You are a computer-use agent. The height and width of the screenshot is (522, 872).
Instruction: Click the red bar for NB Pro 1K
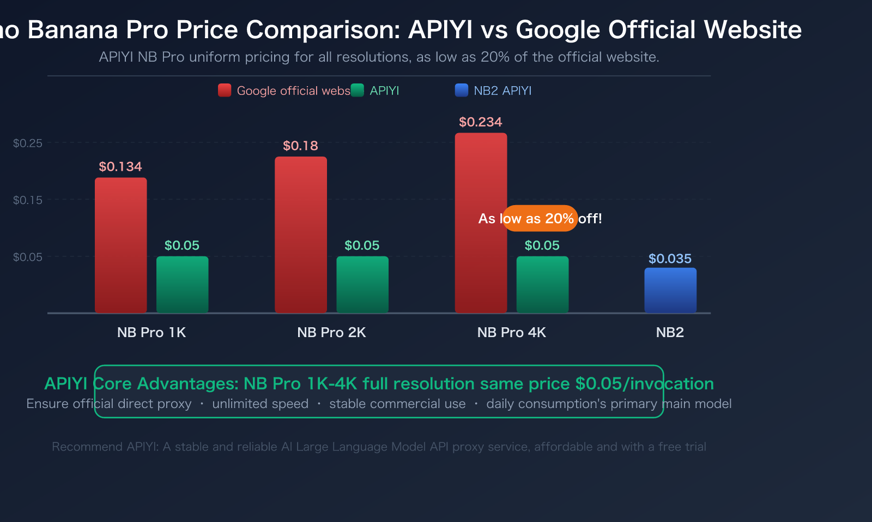pos(120,245)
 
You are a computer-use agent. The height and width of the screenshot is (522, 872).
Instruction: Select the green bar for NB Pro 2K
pos(362,284)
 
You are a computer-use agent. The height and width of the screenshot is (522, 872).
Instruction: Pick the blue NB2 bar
pos(670,290)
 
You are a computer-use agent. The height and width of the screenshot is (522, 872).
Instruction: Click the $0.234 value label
pos(480,122)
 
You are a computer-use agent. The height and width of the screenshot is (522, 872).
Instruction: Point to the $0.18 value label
pos(300,146)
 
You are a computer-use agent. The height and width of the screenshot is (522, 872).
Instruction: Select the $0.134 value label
pos(120,166)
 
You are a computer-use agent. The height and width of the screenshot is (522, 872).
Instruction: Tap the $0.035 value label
pos(670,259)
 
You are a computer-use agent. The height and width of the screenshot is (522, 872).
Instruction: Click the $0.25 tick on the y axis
pos(28,143)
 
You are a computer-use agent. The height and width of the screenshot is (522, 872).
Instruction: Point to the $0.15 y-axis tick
pos(28,200)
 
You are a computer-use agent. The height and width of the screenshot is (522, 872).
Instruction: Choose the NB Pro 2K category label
pos(331,332)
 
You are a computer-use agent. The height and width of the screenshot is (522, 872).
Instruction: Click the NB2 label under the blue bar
pos(670,332)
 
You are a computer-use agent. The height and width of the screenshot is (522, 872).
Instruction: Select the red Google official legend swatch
pos(225,91)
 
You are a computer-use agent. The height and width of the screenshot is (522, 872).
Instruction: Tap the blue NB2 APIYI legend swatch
pos(462,91)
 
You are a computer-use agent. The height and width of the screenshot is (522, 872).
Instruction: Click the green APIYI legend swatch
pos(358,91)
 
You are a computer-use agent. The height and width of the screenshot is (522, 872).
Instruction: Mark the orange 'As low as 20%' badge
pos(540,218)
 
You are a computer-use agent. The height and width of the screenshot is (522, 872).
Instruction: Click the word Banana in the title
pos(72,29)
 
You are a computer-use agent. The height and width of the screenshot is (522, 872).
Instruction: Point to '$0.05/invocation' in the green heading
pos(645,383)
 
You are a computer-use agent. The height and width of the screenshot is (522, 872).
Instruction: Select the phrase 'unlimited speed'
pos(261,404)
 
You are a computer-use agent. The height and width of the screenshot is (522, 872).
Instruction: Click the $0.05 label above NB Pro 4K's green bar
pos(542,245)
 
